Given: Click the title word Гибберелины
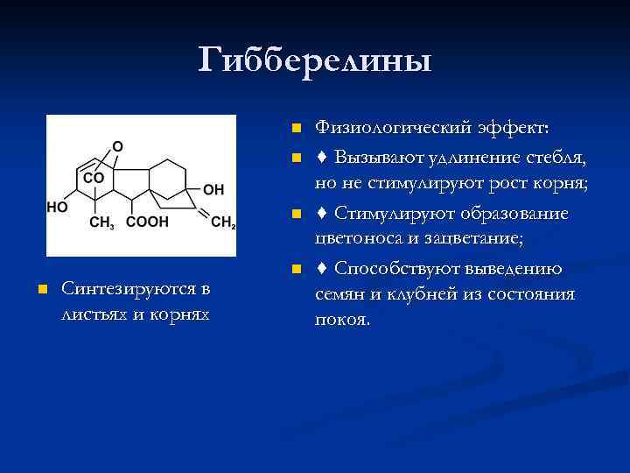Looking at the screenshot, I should [x=315, y=60].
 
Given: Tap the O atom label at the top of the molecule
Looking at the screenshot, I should [x=118, y=145].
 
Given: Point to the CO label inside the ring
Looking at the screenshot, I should [x=93, y=178].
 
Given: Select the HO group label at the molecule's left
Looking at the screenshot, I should [x=57, y=208].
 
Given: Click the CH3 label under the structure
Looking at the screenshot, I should [x=102, y=222].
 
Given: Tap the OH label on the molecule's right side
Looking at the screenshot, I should [x=213, y=188].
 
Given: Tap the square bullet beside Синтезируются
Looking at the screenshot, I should [x=40, y=289].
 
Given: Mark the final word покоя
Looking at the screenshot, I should [x=342, y=320].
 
